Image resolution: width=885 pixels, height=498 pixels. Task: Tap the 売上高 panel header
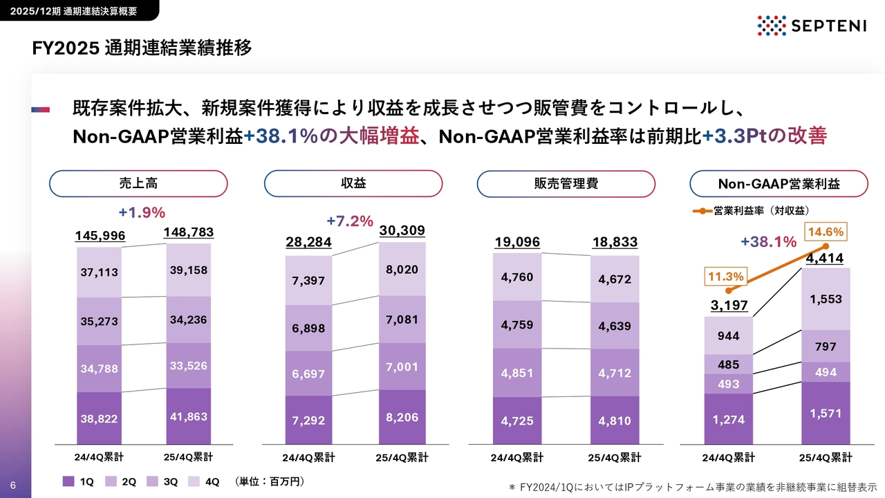[x=138, y=184]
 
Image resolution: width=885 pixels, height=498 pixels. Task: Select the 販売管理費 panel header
[x=566, y=184]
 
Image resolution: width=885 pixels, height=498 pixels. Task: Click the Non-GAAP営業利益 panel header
[x=779, y=184]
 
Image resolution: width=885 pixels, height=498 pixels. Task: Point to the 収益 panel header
[x=353, y=184]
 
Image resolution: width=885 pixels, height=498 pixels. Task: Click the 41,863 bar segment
[x=189, y=416]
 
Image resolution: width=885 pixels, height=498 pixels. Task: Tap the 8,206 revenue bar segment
[x=402, y=418]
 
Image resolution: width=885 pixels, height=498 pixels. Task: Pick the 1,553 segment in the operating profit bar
[x=826, y=299]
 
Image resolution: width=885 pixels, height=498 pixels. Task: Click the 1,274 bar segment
[x=728, y=418]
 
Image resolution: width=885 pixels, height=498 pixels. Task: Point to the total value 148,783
[x=189, y=232]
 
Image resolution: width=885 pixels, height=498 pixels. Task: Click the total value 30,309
[x=402, y=231]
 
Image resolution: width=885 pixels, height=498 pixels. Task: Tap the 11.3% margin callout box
[x=725, y=277]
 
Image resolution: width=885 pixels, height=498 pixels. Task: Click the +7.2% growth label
[x=349, y=221]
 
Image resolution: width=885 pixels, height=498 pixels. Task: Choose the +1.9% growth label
[x=142, y=212]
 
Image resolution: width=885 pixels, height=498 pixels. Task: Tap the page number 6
[x=12, y=483]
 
